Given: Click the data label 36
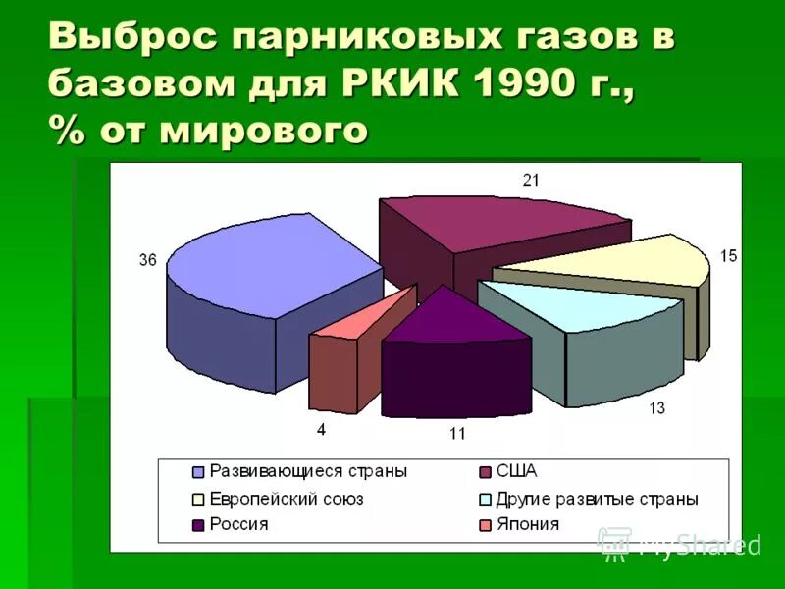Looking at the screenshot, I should (x=148, y=260).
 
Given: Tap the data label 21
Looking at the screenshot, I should (x=531, y=180).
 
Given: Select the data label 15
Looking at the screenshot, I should (x=727, y=256).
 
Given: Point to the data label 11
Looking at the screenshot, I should (x=457, y=433).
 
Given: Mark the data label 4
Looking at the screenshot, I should (x=321, y=429).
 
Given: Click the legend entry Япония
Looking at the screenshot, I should (x=528, y=525).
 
